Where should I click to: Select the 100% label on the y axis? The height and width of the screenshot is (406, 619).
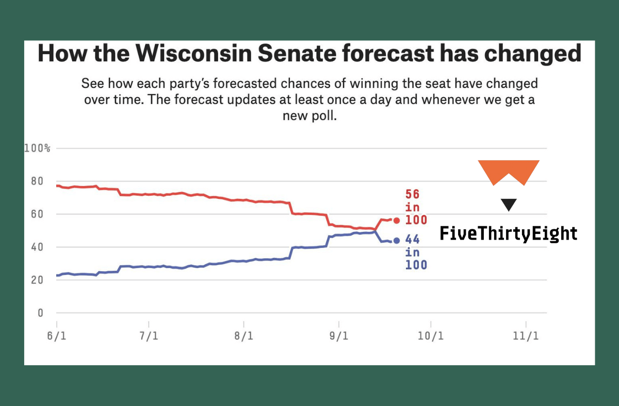pos(37,149)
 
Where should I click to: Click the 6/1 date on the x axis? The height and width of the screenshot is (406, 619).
pos(57,336)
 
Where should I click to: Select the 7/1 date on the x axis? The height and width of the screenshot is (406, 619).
pos(149,336)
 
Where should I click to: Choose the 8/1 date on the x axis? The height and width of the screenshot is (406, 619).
pos(243,336)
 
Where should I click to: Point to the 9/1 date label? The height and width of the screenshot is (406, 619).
pos(338,336)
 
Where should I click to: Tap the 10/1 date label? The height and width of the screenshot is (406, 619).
pos(431,336)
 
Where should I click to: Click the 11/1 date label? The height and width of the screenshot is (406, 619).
pos(526,336)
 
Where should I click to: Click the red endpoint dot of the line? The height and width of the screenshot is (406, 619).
pos(396,221)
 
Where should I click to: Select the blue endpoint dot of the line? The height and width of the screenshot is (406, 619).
pos(396,241)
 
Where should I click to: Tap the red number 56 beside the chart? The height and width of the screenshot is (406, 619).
pos(413,195)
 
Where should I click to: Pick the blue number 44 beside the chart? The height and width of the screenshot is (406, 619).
pos(413,240)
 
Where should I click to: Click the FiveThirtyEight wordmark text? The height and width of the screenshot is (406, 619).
pos(509,233)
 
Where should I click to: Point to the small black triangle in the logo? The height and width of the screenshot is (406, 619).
pos(509,205)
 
